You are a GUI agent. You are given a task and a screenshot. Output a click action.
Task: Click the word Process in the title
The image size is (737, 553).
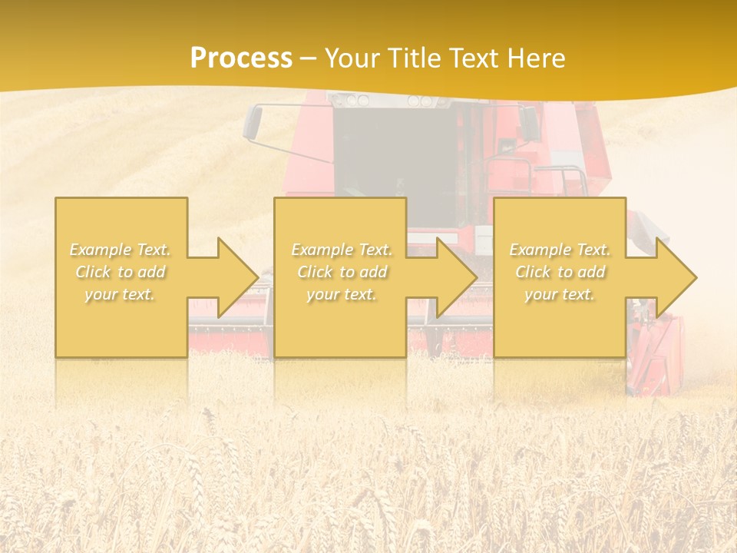tap(241, 58)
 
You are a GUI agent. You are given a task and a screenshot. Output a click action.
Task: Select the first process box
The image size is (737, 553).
tap(121, 223)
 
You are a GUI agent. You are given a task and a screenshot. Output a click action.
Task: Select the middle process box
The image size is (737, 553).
tap(340, 223)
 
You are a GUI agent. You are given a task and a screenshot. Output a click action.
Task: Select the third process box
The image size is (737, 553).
tap(560, 223)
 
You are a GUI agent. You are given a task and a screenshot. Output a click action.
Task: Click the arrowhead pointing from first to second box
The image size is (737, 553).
tap(234, 277)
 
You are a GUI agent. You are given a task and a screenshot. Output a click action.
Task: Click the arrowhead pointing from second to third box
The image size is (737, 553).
tap(454, 277)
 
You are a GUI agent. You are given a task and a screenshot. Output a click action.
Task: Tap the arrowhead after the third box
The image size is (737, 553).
tap(673, 277)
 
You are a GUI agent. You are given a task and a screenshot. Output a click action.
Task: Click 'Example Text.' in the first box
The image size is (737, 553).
tap(121, 250)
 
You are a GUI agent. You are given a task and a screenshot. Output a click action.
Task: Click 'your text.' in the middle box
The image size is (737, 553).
tap(342, 294)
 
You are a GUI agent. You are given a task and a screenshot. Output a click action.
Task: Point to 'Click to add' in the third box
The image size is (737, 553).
tap(560, 272)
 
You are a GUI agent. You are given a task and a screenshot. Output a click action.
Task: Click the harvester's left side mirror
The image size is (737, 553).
tap(253, 122)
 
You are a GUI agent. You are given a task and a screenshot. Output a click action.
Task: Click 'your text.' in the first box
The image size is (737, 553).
tap(120, 294)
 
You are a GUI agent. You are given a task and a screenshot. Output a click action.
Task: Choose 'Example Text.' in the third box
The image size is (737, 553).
tap(560, 250)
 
